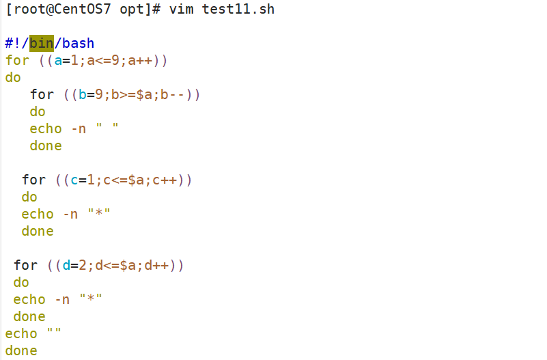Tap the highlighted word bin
[42, 43]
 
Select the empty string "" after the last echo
[54, 333]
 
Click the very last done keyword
[21, 350]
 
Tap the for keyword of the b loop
[42, 94]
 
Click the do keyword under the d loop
[21, 282]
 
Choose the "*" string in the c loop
[99, 214]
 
